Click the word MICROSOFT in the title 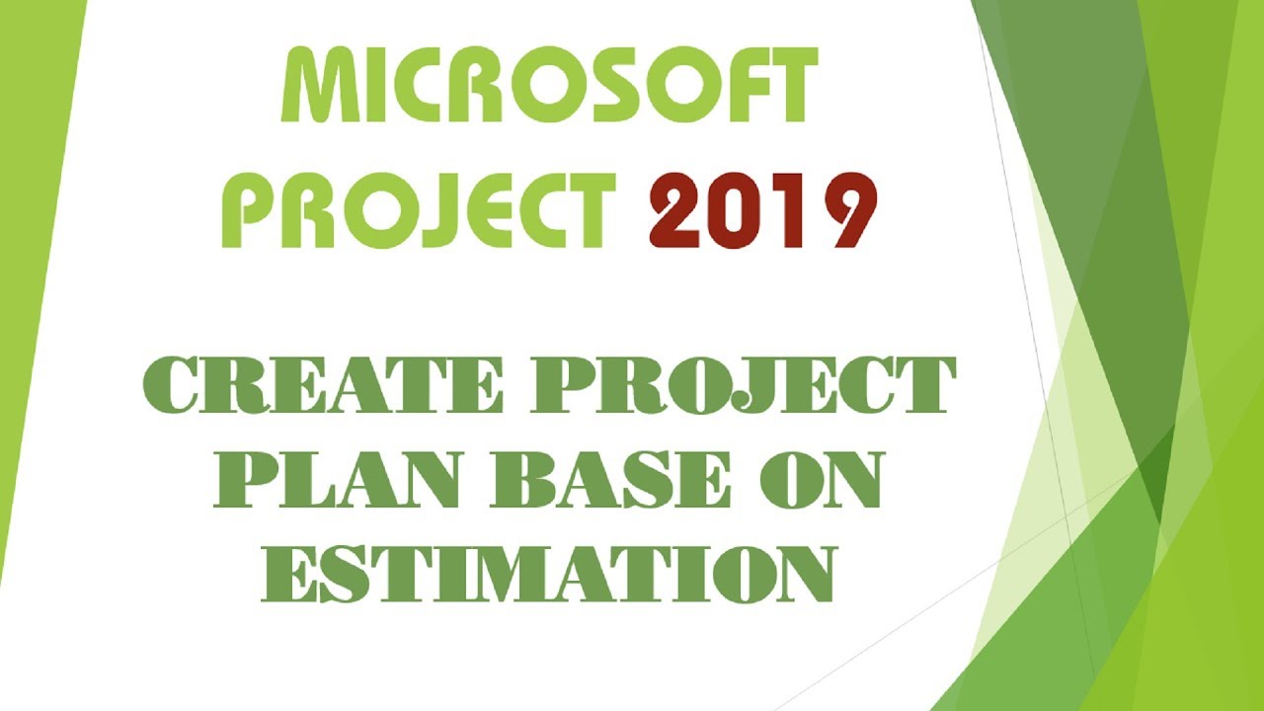pyautogui.click(x=549, y=86)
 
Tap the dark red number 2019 pyautogui.click(x=762, y=210)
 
